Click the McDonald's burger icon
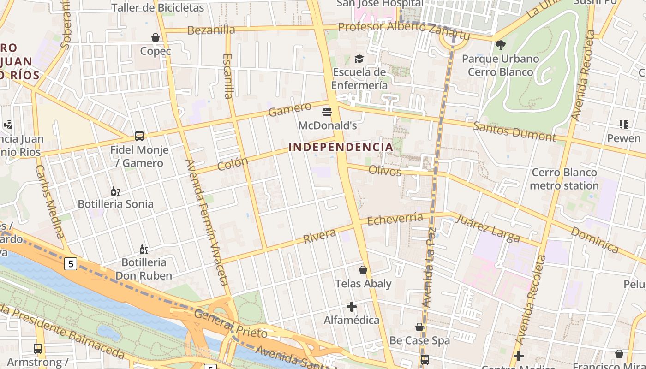point(327,112)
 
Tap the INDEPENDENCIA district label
point(341,147)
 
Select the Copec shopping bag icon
point(156,37)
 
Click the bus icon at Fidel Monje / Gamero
point(139,136)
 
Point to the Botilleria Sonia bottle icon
point(115,191)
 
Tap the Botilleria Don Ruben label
point(144,269)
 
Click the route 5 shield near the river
point(70,264)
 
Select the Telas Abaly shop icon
point(363,270)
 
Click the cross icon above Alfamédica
point(352,306)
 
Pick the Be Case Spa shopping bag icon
point(419,327)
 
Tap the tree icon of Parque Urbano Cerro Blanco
point(500,45)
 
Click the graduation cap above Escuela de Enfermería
point(359,59)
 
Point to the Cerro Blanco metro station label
point(564,179)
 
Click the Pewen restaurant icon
point(623,124)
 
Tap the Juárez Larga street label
point(488,227)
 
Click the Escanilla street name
point(228,76)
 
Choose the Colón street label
point(233,164)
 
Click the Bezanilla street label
point(211,30)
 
